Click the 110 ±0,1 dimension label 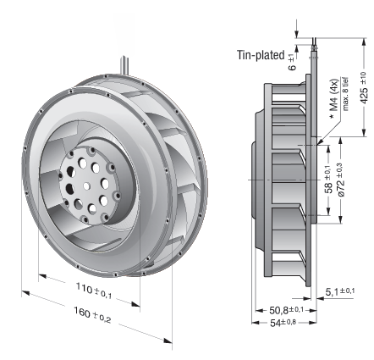[94, 291]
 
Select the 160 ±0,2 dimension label [92, 314]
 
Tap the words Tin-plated [261, 55]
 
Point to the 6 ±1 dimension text [292, 62]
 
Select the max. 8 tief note [346, 94]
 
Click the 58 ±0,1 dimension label [328, 180]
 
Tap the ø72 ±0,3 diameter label [340, 180]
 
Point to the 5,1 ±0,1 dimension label [340, 291]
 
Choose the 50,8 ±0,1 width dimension [286, 310]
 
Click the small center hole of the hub [87, 186]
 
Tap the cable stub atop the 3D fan [124, 65]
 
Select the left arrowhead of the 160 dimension [25, 292]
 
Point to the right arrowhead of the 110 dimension [135, 304]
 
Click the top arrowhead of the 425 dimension [364, 42]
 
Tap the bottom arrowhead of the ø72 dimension [340, 219]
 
